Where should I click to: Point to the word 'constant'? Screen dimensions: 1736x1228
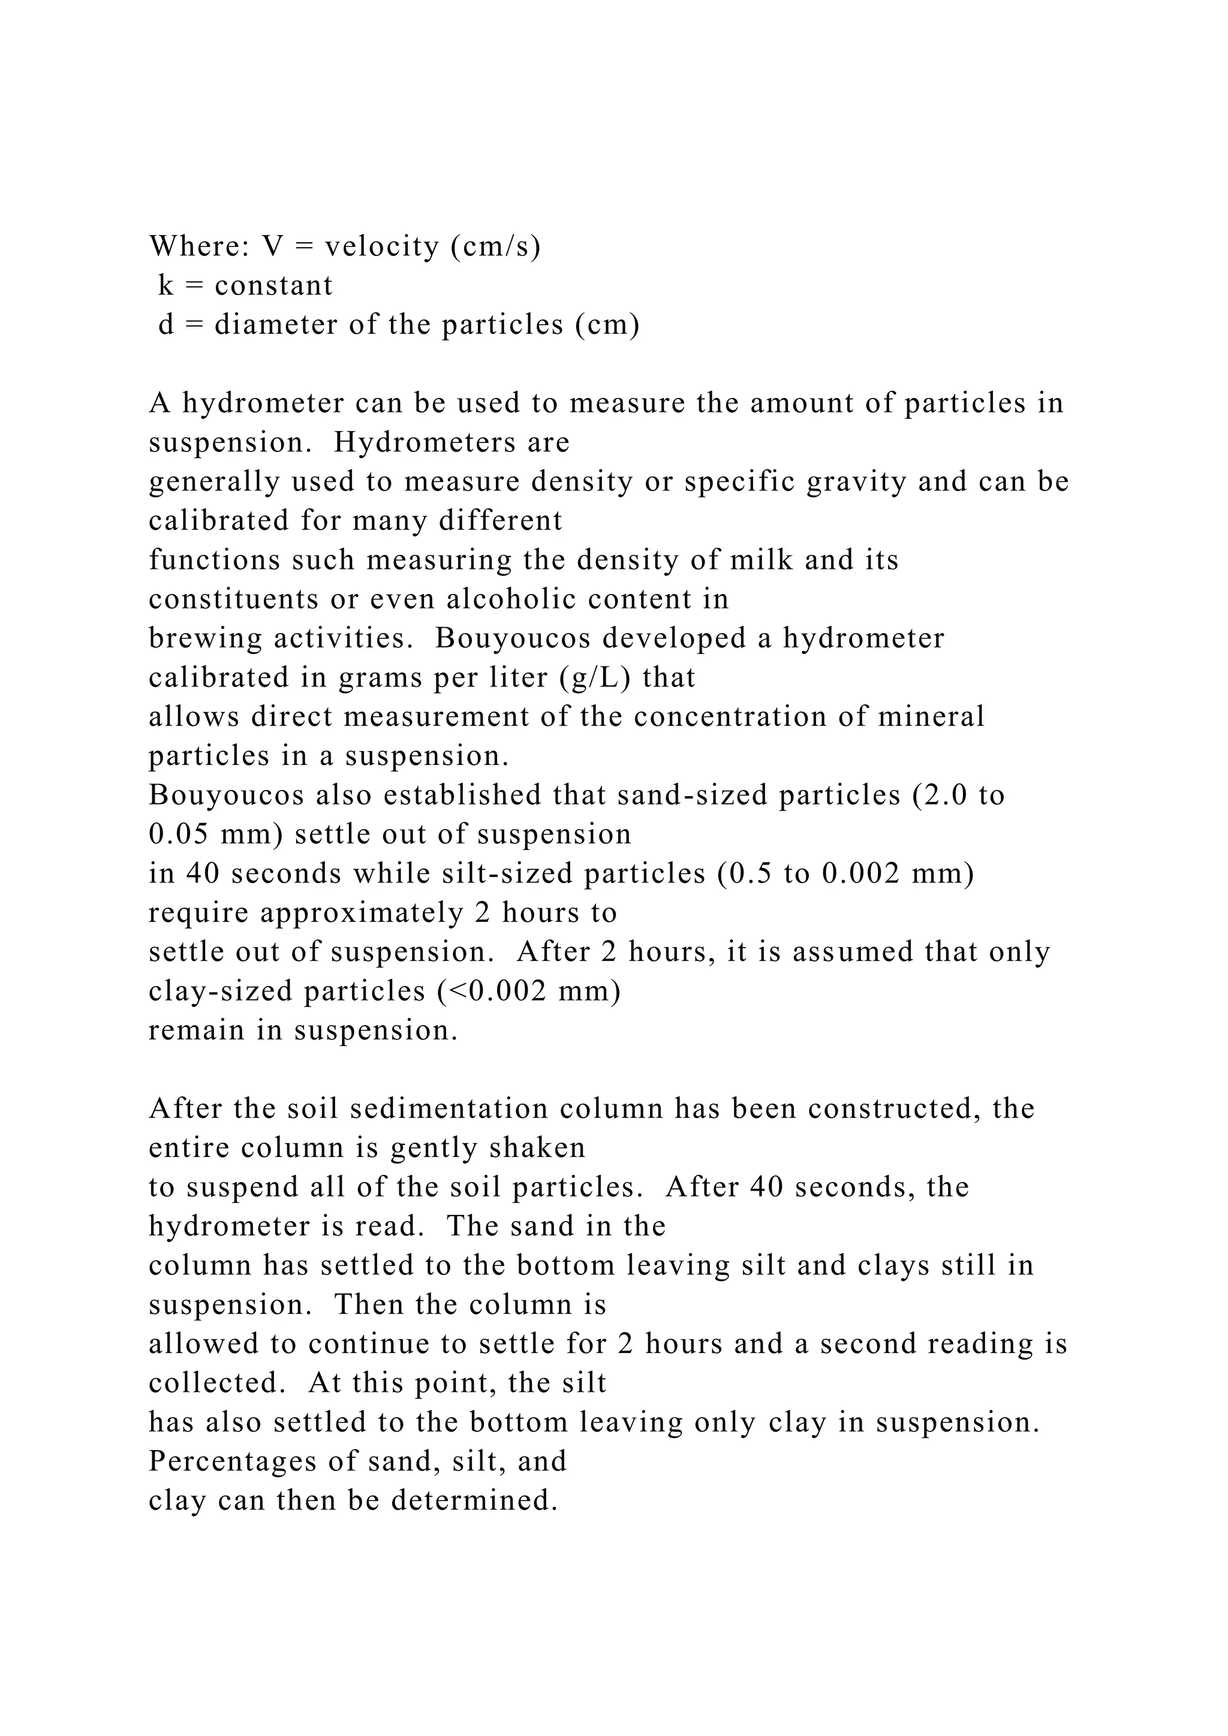click(x=274, y=286)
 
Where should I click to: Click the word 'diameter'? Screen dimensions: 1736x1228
click(x=276, y=325)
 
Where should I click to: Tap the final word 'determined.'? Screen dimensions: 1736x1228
click(x=475, y=1501)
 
